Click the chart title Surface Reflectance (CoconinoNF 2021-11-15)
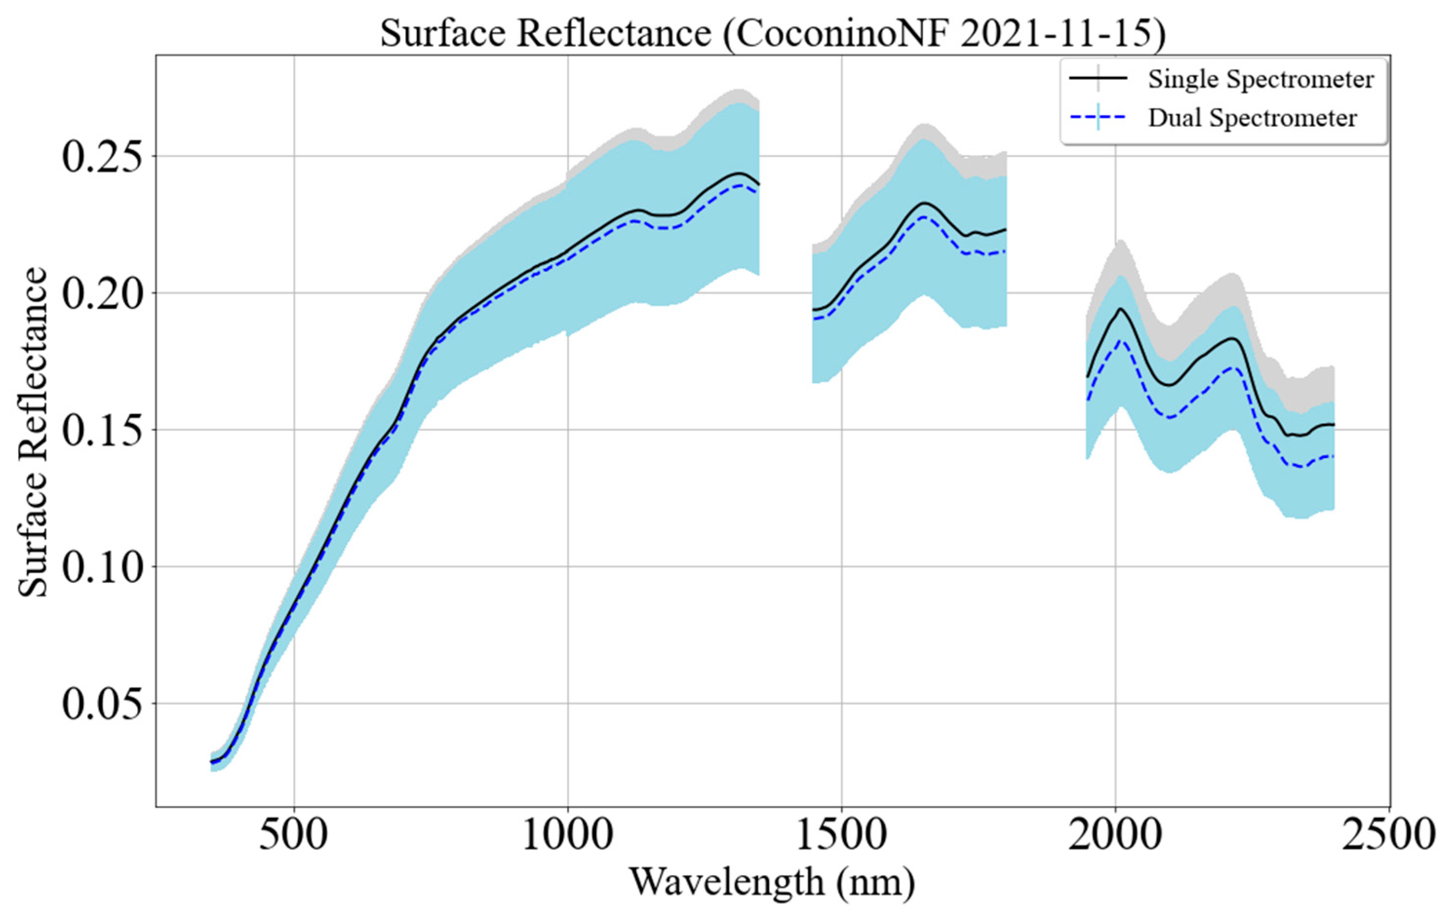tap(772, 34)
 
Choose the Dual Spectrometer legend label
tap(1252, 118)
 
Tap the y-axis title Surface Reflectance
tap(33, 432)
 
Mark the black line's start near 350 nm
tap(212, 762)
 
